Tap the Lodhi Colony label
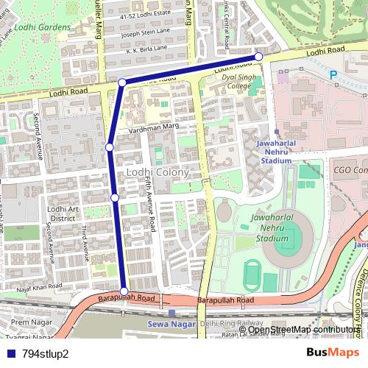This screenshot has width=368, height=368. (x=158, y=172)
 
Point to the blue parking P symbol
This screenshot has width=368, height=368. (x=333, y=74)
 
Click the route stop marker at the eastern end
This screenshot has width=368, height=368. (x=258, y=57)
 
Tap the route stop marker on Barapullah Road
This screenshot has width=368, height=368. (x=124, y=291)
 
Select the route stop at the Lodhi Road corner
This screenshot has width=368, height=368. (x=121, y=82)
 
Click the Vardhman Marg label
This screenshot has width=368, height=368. (x=154, y=127)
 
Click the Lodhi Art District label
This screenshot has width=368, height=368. (x=63, y=213)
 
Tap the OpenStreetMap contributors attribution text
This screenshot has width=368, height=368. (x=303, y=330)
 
